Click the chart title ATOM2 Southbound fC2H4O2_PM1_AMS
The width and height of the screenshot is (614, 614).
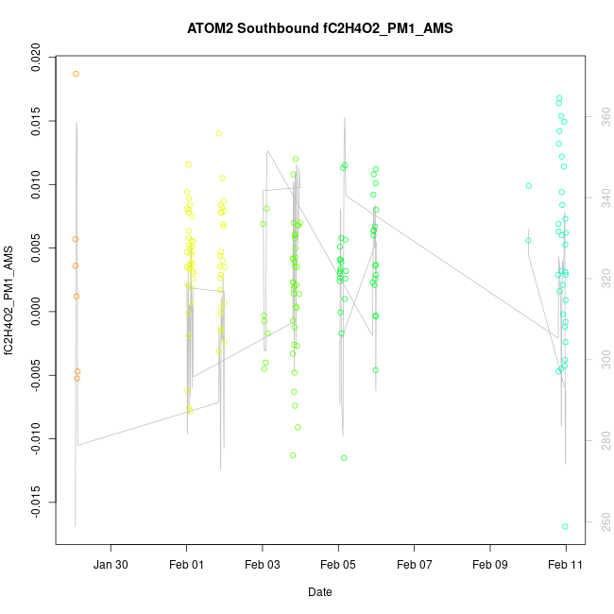coord(320,28)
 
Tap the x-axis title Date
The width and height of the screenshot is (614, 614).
coord(319,592)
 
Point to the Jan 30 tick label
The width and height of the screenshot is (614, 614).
coord(111,565)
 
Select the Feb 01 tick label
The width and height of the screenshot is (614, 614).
coord(186,565)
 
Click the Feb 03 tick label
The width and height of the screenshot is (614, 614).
coord(263,565)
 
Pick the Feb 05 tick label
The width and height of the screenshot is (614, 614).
coord(338,565)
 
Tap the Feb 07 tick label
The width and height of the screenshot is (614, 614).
coord(415,565)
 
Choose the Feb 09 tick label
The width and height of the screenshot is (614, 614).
coord(490,565)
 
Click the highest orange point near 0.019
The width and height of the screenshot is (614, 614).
coord(76,74)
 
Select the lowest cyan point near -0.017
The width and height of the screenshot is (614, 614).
coord(565,526)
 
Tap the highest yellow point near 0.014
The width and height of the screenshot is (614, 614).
coord(218,133)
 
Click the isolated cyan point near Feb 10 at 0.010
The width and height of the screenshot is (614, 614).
coord(529,185)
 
